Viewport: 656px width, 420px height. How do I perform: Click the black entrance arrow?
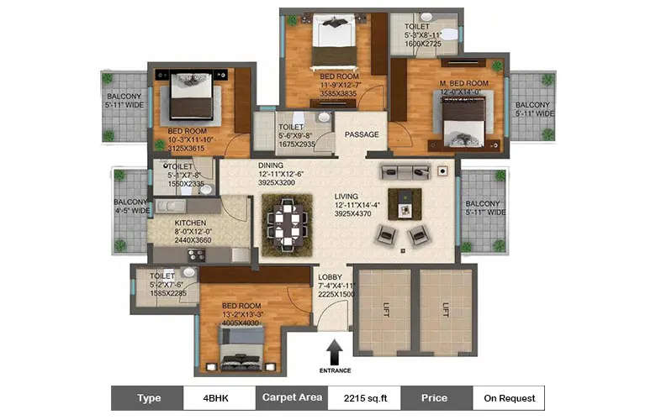coord(335,349)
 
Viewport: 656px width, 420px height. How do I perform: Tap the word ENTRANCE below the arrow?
coord(335,370)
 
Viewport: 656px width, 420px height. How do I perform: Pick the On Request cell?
coord(508,397)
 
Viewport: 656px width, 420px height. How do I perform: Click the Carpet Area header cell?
coord(291,397)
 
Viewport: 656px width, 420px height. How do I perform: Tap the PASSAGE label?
coord(362,134)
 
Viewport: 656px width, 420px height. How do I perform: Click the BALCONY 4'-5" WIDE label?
coord(130,206)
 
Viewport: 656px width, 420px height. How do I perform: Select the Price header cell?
coord(436,397)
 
